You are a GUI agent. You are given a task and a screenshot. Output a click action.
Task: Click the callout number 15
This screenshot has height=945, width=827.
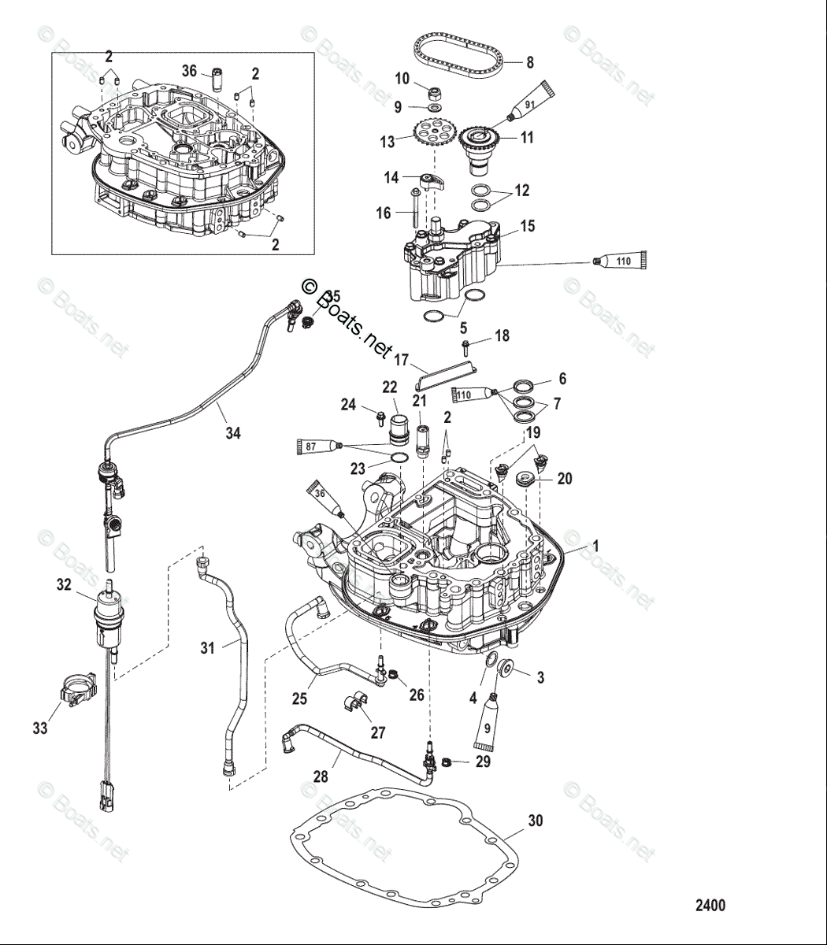pos(528,226)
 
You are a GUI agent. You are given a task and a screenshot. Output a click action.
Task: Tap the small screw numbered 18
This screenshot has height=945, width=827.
pos(466,346)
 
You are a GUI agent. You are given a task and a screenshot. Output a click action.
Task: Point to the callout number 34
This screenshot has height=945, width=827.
pos(232,432)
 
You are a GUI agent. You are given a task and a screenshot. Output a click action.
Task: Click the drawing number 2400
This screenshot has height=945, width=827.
pos(710,906)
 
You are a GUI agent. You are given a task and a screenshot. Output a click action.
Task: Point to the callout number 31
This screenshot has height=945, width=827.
pos(207,648)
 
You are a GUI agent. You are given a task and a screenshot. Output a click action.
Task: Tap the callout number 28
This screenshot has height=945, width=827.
pos(321,776)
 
